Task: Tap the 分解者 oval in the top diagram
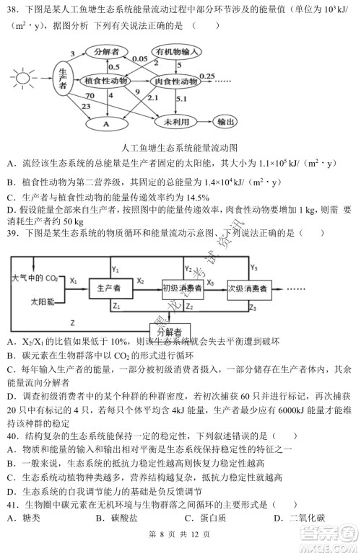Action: [106, 53]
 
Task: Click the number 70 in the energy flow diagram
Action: [90, 95]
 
